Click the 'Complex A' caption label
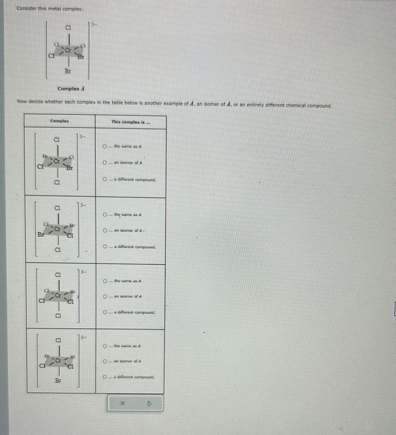[71, 89]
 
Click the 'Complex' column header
[59, 121]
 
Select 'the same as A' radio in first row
[105, 146]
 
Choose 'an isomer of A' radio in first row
[105, 163]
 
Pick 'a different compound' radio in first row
[105, 179]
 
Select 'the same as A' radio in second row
[105, 214]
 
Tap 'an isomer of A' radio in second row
[105, 231]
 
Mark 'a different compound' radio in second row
[105, 247]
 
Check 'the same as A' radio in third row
[105, 281]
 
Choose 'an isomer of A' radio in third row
[105, 296]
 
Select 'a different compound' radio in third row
[105, 312]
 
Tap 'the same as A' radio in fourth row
[105, 346]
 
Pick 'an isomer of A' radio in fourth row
[105, 361]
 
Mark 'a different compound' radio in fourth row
[105, 377]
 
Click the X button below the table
[123, 403]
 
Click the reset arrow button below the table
[149, 403]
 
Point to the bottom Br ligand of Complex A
[68, 71]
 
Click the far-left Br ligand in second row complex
[41, 235]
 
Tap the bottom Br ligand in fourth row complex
[58, 381]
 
